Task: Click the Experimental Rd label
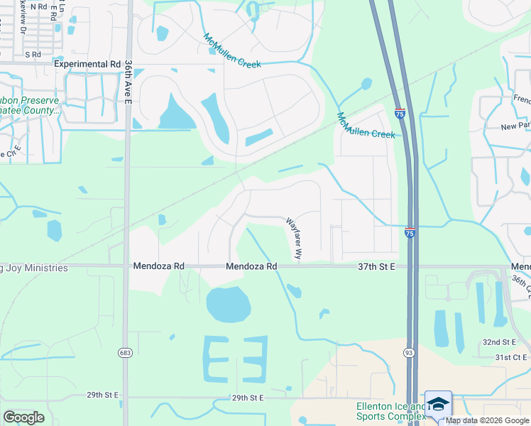[88, 64]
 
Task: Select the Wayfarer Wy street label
[294, 238]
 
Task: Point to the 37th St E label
[376, 266]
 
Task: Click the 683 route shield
[126, 352]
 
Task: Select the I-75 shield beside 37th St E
[410, 232]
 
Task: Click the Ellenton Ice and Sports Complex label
[389, 412]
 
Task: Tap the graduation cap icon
[438, 403]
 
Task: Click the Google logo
[23, 417]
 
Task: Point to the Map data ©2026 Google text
[487, 420]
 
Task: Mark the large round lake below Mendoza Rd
[228, 305]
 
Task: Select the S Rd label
[33, 54]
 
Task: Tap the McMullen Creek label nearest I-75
[366, 126]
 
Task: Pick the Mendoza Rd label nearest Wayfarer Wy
[251, 266]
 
